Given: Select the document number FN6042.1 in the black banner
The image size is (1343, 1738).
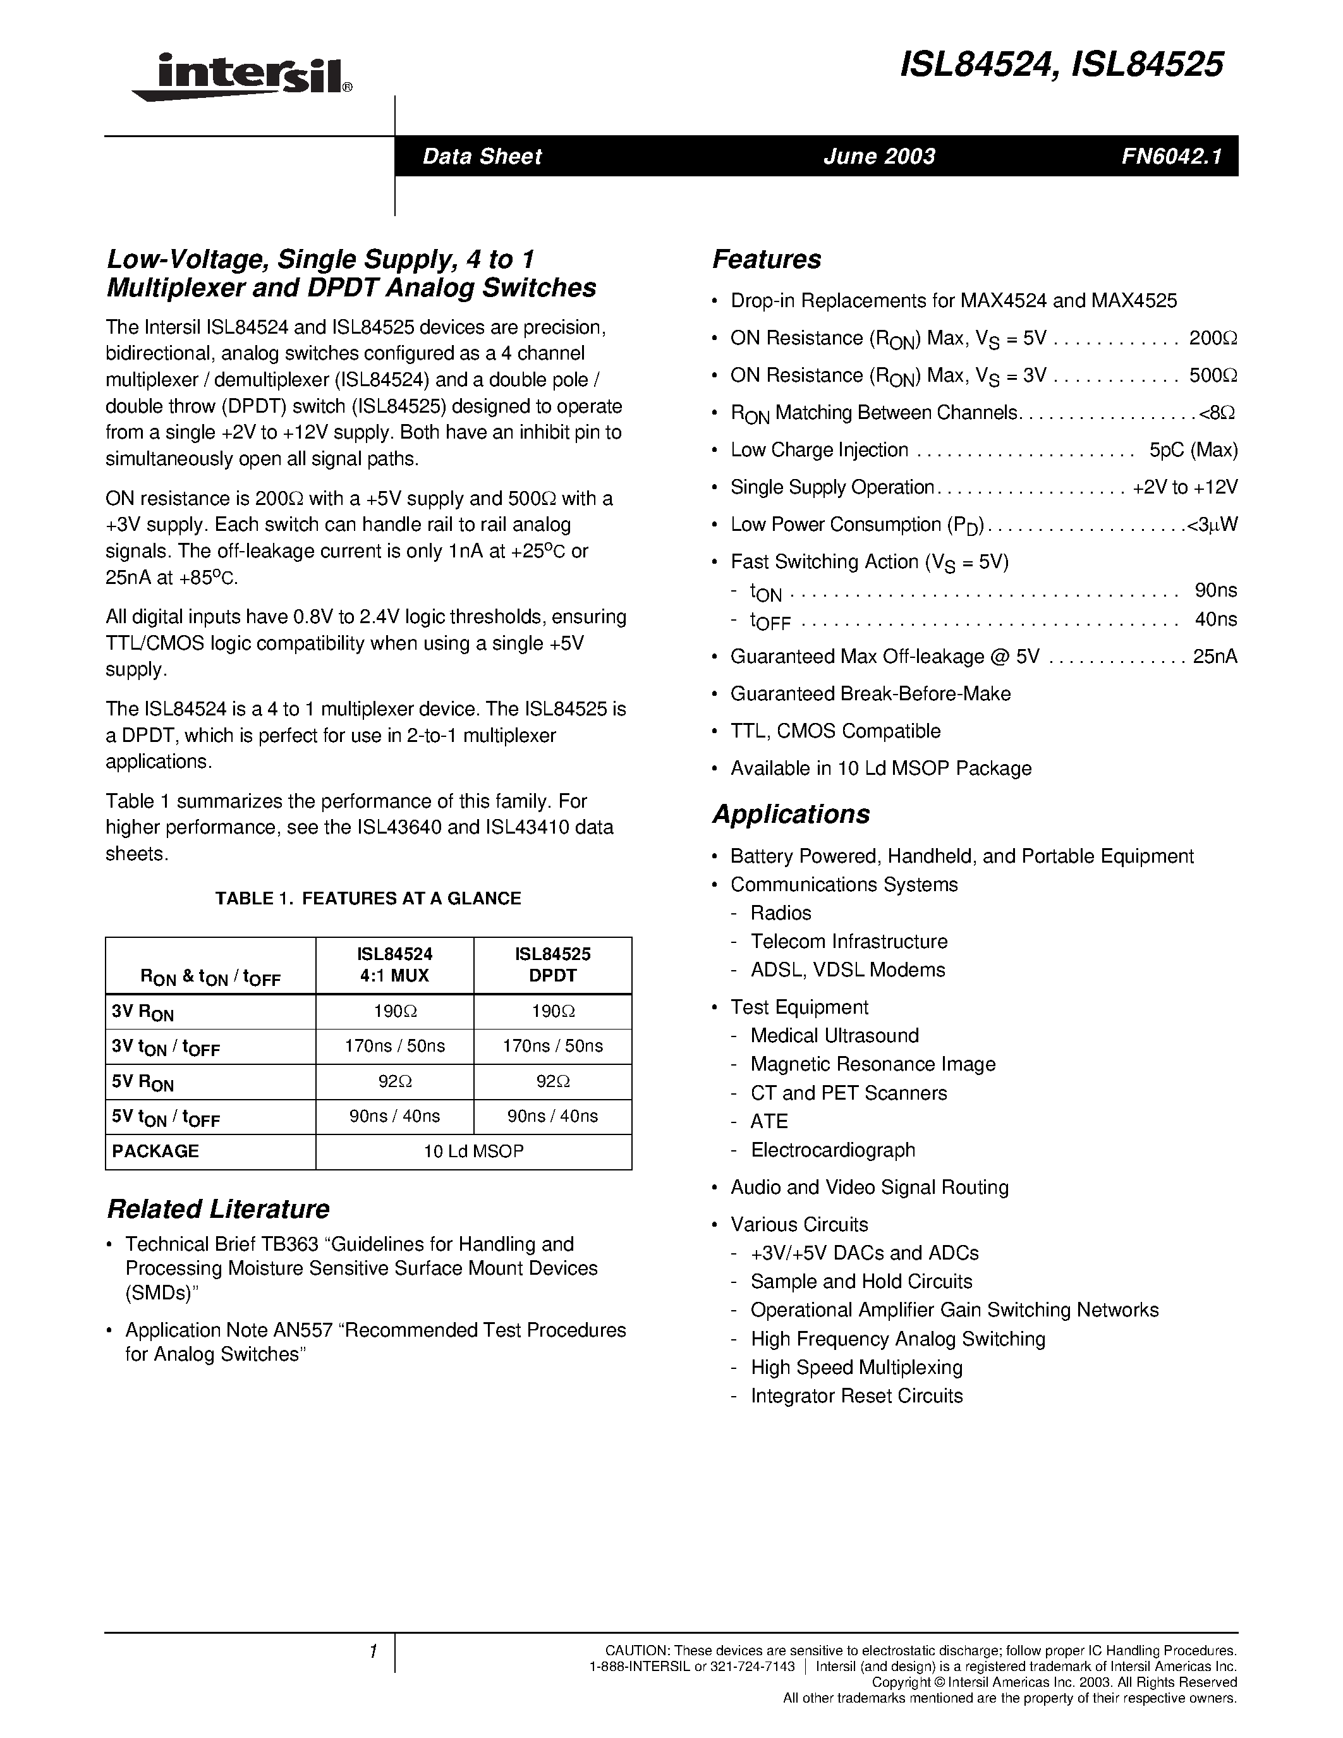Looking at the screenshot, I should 1170,156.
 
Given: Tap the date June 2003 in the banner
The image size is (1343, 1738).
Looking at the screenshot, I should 879,156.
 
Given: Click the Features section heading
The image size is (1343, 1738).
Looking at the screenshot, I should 766,259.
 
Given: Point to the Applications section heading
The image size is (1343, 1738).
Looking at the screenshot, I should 791,814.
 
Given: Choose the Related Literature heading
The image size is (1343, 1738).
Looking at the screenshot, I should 218,1209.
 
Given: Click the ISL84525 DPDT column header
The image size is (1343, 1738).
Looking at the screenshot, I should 553,964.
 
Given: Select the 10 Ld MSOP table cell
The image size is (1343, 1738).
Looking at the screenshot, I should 473,1151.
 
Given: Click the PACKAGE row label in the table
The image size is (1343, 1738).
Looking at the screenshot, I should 156,1151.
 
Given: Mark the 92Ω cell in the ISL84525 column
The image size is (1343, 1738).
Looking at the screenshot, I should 553,1081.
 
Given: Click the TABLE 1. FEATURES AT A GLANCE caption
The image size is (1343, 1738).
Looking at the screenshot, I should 368,899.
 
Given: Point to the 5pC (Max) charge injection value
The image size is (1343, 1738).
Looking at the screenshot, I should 1193,451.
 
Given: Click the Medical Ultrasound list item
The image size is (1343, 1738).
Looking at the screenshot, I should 835,1035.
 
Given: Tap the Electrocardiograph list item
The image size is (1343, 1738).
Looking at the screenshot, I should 833,1150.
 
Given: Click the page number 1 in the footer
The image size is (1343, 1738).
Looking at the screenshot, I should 372,1651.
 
